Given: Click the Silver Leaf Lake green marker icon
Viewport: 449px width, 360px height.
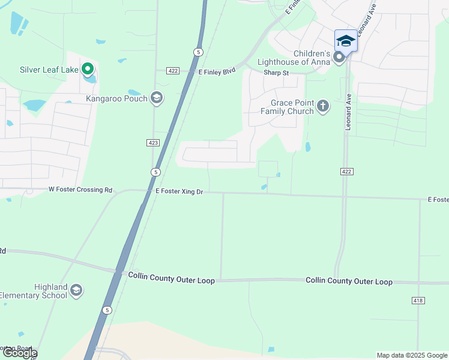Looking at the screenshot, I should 88,70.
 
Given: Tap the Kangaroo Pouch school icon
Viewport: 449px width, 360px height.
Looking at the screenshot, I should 157,98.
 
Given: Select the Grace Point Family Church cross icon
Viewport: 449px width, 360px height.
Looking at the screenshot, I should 323,107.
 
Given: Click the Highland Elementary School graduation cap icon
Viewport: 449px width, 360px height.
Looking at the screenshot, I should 76,291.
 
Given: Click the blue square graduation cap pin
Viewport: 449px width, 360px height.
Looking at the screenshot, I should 345,41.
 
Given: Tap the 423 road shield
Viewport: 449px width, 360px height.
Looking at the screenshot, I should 152,142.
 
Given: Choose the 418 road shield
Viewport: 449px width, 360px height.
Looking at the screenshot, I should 418,300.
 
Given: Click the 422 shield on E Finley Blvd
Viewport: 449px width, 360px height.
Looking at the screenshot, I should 173,71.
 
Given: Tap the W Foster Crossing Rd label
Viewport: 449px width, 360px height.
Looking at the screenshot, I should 80,190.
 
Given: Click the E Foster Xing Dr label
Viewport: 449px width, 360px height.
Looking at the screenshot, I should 179,191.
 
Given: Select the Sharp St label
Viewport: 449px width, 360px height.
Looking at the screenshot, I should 276,73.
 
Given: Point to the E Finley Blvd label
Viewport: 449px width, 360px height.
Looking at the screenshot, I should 217,71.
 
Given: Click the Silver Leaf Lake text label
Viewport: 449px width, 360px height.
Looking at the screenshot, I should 49,70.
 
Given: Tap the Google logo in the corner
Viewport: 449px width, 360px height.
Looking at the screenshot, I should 19,353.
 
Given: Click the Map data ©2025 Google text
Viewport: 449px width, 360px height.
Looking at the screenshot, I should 412,355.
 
